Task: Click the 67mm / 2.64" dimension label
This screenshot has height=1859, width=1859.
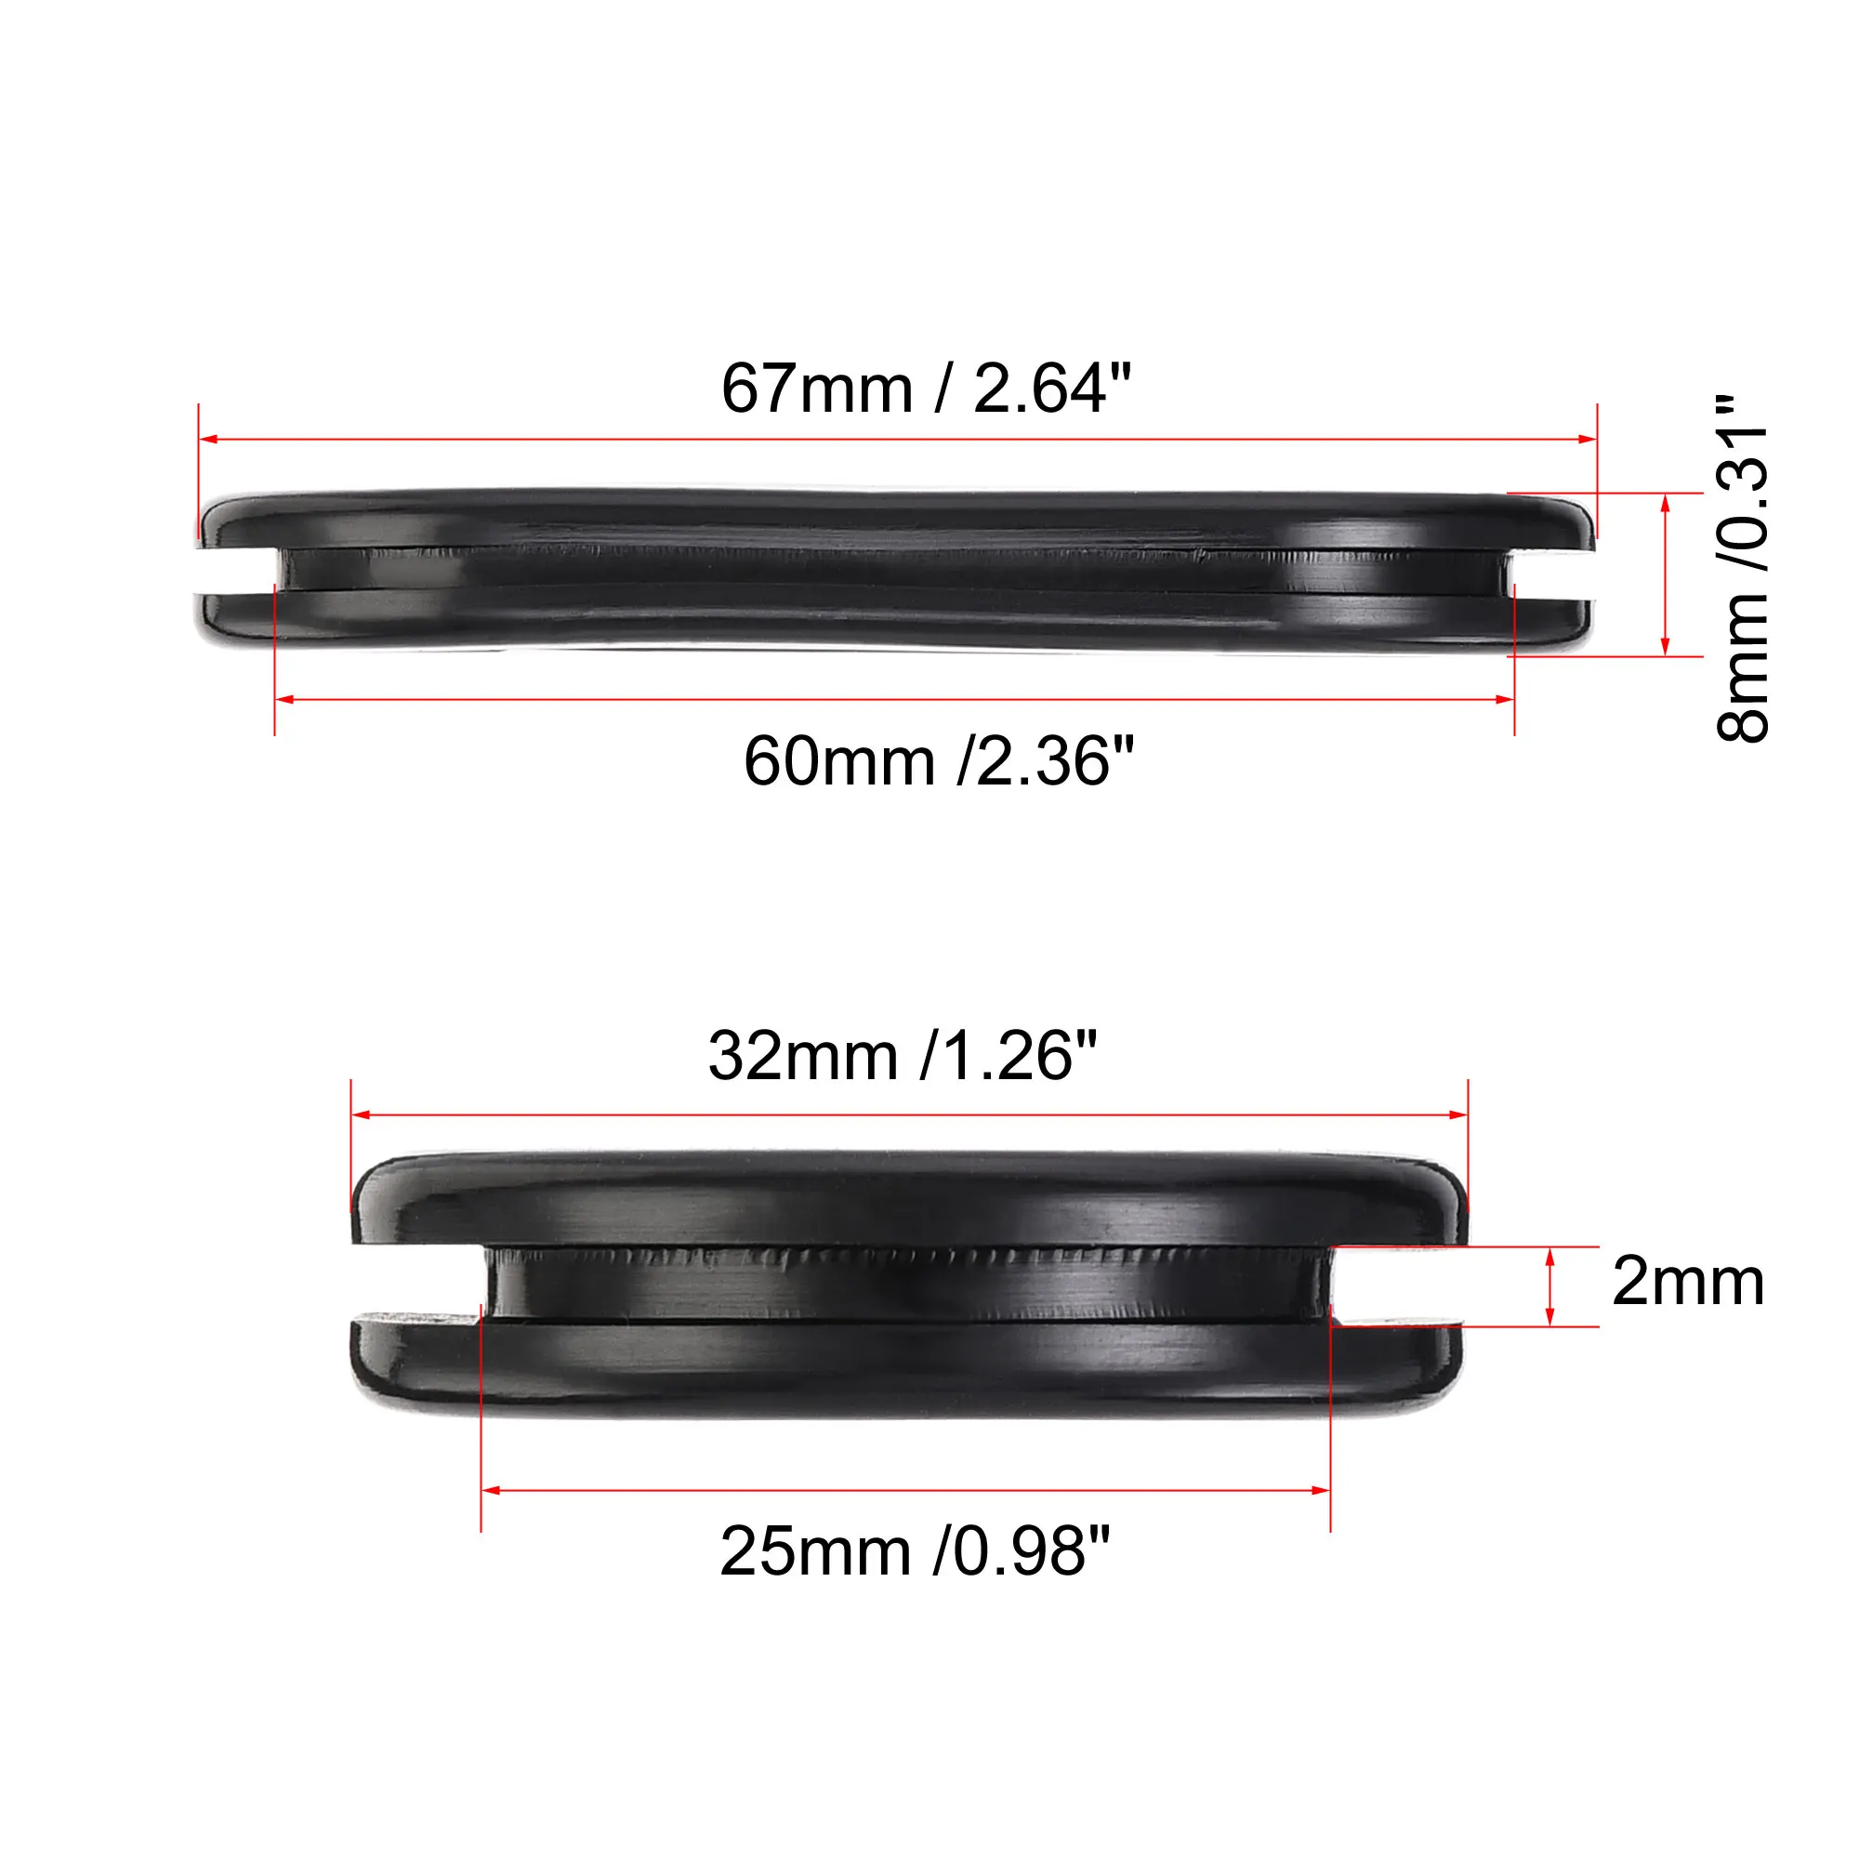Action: [926, 389]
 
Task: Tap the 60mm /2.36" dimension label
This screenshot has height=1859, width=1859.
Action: [938, 761]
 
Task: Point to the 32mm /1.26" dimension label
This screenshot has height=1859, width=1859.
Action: [903, 1057]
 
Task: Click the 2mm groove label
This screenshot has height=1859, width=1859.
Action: [1688, 1282]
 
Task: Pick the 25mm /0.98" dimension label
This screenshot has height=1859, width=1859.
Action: [914, 1551]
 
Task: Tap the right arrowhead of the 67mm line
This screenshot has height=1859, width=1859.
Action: [1588, 440]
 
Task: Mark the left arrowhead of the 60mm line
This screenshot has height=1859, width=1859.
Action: [283, 700]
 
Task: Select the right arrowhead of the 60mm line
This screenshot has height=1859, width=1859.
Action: [1506, 700]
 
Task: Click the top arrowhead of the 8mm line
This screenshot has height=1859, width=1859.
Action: [1666, 501]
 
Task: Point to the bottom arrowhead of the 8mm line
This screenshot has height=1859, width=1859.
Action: [1666, 648]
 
